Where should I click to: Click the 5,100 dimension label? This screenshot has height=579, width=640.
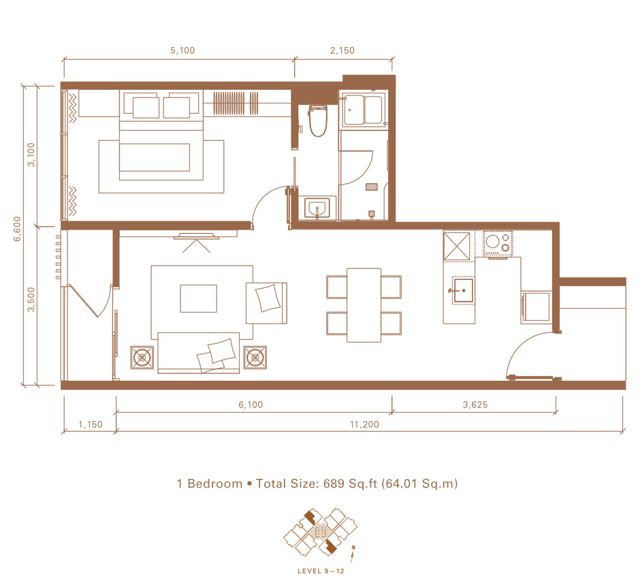point(182,50)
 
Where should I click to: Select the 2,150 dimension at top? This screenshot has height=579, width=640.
point(342,50)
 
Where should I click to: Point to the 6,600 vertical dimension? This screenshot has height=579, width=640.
point(17,229)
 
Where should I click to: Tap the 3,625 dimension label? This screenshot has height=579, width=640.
point(475,405)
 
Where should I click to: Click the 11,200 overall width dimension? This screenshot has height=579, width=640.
point(364,424)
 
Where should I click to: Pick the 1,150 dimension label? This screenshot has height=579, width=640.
point(91,424)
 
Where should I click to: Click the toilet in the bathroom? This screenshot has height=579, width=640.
point(318,121)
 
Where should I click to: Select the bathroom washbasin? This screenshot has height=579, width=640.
point(317,208)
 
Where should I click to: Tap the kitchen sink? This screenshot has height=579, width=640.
point(463,291)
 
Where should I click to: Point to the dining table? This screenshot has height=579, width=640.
point(364,305)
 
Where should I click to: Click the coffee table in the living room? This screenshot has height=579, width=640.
point(198,298)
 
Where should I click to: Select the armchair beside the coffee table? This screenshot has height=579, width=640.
point(266,303)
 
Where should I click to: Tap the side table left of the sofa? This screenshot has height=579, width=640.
point(142,358)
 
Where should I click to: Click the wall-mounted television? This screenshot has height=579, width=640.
point(196,236)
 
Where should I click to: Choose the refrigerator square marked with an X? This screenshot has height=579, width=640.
point(457,246)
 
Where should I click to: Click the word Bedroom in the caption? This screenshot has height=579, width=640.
point(214,484)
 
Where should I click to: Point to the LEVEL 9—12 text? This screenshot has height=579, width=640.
point(321,571)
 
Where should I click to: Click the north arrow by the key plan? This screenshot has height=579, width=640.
point(353,553)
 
